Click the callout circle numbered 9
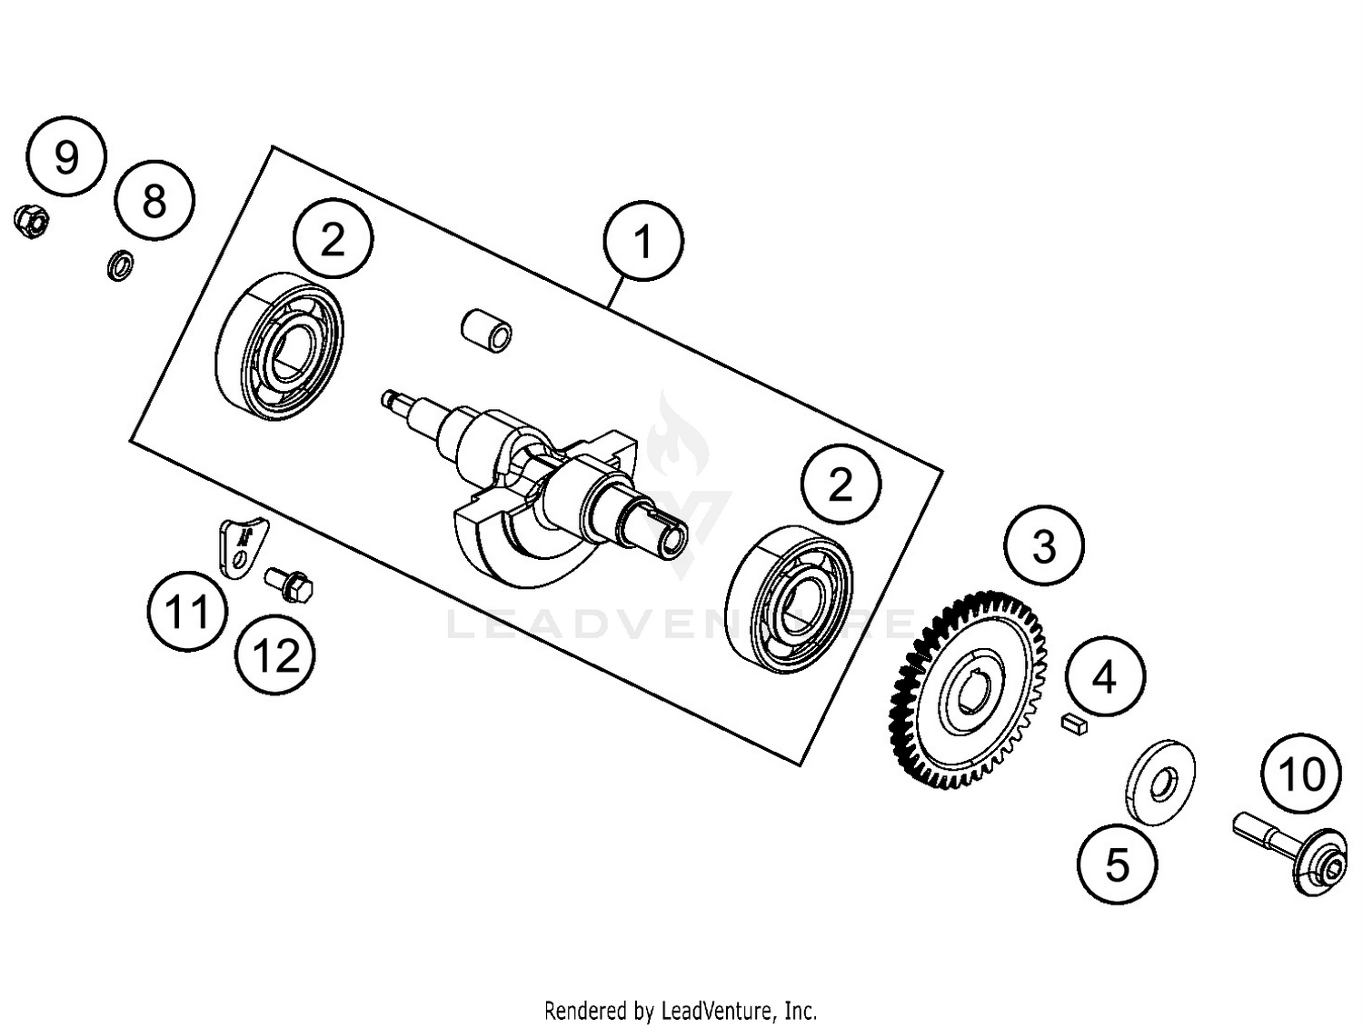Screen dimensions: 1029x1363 pyautogui.click(x=66, y=156)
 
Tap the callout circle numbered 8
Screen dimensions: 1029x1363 pyautogui.click(x=154, y=200)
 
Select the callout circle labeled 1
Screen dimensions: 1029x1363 pyautogui.click(x=642, y=242)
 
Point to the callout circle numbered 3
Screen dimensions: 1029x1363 pyautogui.click(x=1044, y=546)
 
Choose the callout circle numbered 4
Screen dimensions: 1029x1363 pyautogui.click(x=1105, y=676)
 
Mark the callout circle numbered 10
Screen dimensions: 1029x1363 pyautogui.click(x=1301, y=774)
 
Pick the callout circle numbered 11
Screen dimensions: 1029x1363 pyautogui.click(x=187, y=612)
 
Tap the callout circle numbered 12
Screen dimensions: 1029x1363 pyautogui.click(x=274, y=654)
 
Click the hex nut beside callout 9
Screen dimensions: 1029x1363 pyautogui.click(x=31, y=221)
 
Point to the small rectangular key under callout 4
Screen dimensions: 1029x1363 pyautogui.click(x=1074, y=724)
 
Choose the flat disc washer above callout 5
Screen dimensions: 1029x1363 pyautogui.click(x=1160, y=782)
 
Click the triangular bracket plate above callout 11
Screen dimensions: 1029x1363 pyautogui.click(x=240, y=545)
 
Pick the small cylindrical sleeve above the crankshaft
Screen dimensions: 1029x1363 pyautogui.click(x=486, y=330)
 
